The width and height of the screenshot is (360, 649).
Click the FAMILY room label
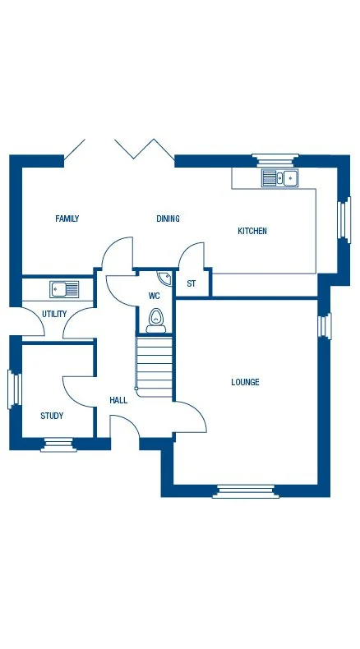(x=67, y=219)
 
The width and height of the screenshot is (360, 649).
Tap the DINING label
(x=168, y=219)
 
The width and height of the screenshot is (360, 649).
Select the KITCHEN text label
(x=252, y=232)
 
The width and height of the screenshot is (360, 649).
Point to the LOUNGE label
(x=245, y=382)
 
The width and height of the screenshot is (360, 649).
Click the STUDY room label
(x=52, y=416)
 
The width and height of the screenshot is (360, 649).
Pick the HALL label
(x=118, y=401)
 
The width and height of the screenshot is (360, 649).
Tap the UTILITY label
(x=54, y=314)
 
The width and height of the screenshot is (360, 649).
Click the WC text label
(x=154, y=296)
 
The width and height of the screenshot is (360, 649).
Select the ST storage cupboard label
(x=192, y=284)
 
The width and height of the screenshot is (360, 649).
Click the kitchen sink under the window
(x=280, y=177)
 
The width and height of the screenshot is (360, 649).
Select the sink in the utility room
(x=64, y=289)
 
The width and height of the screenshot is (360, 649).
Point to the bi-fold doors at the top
(x=119, y=150)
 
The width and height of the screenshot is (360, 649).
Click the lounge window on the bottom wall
(x=245, y=491)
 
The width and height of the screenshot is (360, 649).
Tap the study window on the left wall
(x=12, y=389)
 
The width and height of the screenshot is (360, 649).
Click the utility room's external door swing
(x=31, y=324)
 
